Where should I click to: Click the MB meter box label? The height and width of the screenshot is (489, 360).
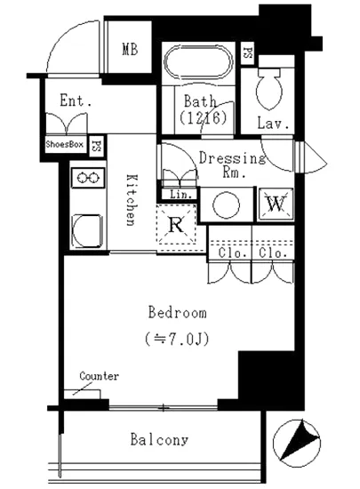point(130,49)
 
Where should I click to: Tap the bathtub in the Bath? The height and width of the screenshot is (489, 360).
point(198,62)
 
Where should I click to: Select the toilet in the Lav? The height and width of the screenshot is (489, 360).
point(269,88)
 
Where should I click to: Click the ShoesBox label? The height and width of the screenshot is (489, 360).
point(65,144)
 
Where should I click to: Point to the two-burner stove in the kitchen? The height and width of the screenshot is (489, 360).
point(88,178)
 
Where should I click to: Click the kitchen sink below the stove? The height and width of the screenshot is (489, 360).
point(87,231)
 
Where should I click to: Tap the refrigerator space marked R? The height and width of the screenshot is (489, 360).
point(176,224)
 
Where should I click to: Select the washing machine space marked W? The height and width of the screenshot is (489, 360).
point(276,204)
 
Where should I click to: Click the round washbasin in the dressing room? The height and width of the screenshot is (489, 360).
point(227,204)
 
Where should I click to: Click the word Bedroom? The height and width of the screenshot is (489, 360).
point(178,312)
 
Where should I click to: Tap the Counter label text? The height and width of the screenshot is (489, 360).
point(100,376)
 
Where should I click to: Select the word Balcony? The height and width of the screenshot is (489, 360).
point(159,440)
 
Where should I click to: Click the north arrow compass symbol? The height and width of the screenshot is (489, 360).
point(297,443)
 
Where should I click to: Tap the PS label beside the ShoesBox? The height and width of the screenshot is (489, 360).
point(97,145)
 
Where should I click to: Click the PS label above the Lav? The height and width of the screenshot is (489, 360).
point(248,53)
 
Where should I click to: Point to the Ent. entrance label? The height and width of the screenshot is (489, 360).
point(76,100)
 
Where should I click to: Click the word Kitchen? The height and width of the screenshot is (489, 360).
point(132,199)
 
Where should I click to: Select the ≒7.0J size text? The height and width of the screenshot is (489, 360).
point(177,339)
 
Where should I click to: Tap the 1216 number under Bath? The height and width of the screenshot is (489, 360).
point(203,117)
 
